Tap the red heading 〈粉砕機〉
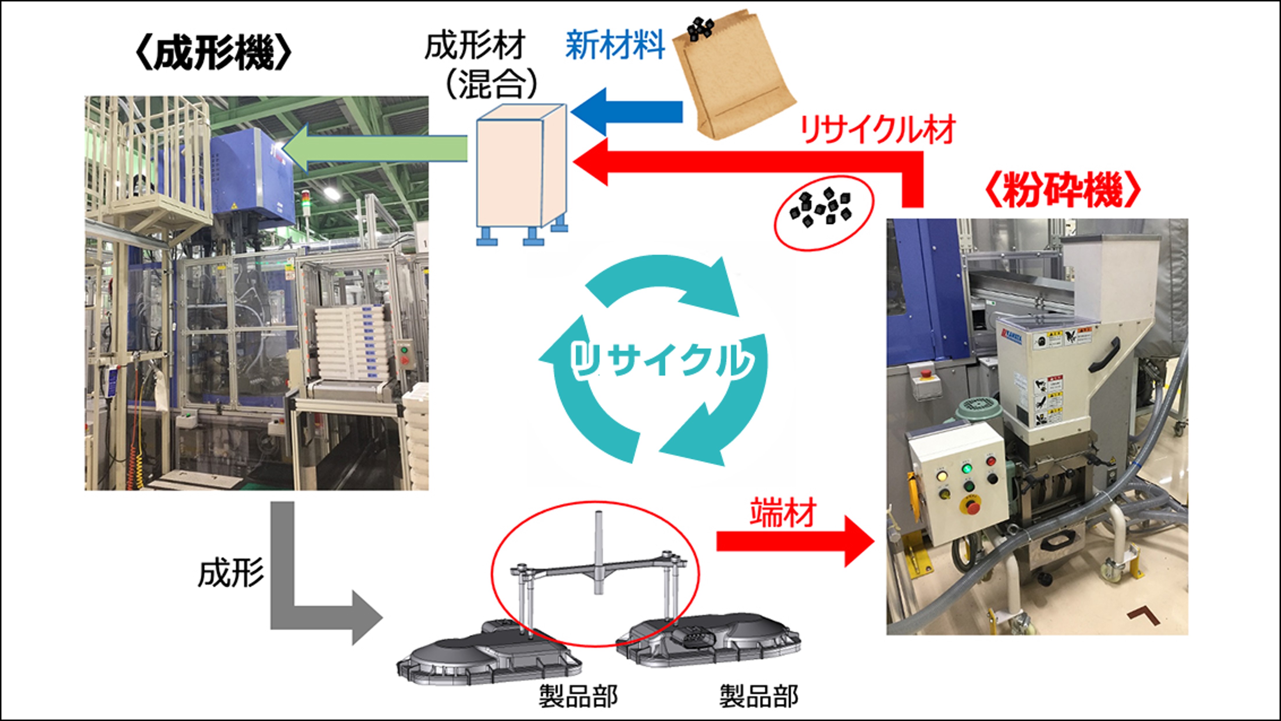point(1062,190)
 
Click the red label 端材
point(783,512)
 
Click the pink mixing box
point(520,169)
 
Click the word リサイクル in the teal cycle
point(661,360)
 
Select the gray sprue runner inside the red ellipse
point(597,572)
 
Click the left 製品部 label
point(578,696)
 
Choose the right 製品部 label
point(759,696)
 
